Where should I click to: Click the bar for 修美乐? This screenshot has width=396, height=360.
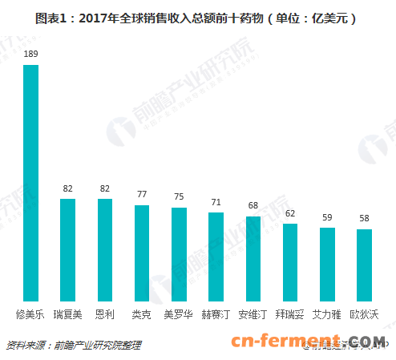tap(30, 181)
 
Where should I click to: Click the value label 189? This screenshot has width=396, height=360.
tap(30, 54)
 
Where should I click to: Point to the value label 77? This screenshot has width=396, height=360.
tap(141, 195)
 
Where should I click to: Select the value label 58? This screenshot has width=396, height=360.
tap(364, 219)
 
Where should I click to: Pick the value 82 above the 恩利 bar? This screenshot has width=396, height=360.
tap(104, 189)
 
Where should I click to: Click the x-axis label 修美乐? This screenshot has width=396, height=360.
tap(30, 313)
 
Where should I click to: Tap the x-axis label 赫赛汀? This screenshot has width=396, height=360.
tap(216, 313)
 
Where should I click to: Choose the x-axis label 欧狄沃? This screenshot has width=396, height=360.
tap(364, 313)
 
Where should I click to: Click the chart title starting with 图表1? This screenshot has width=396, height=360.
tap(197, 17)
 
